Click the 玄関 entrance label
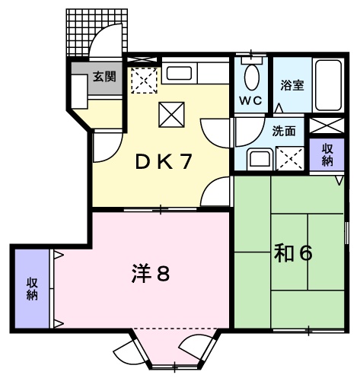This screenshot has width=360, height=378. pos(104,76)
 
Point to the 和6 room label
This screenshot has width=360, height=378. pos(292,253)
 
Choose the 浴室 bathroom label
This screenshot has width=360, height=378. pos(292,85)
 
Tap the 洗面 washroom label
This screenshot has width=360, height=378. pos(285,130)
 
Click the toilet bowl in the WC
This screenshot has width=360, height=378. pos(250,76)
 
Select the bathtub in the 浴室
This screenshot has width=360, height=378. pos(328,84)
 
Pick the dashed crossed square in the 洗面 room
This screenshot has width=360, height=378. pos(289,157)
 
